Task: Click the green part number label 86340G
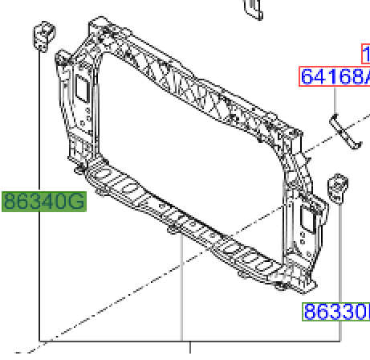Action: click(x=43, y=200)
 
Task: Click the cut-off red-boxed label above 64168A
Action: click(x=364, y=55)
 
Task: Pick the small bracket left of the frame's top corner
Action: click(x=42, y=35)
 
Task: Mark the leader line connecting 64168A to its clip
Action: click(x=335, y=102)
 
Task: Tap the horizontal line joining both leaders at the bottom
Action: click(x=112, y=342)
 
